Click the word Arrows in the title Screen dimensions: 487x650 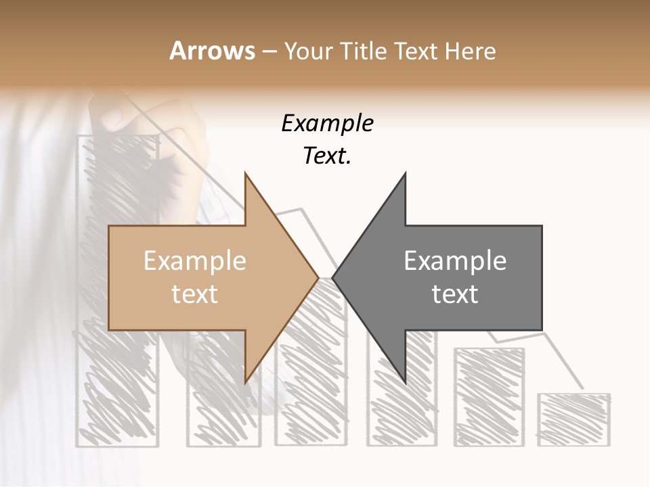(x=213, y=51)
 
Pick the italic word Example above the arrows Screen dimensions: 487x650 (x=327, y=124)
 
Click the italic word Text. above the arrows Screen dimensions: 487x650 (x=327, y=156)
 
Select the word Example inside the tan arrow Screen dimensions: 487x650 (x=195, y=261)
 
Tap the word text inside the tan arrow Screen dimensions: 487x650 (x=195, y=294)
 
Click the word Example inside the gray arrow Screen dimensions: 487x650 (x=455, y=261)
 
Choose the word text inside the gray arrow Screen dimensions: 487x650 (x=455, y=294)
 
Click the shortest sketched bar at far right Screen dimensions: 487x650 (x=573, y=419)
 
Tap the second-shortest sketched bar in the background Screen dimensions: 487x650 (x=489, y=396)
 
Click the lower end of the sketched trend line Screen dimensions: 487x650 (x=581, y=388)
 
